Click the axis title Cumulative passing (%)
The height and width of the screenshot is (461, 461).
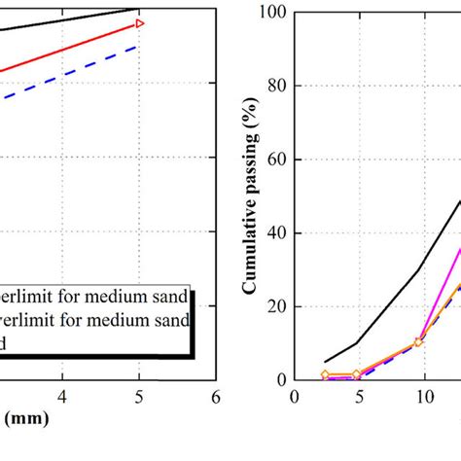pyautogui.click(x=250, y=195)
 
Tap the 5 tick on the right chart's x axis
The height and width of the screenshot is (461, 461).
pyautogui.click(x=358, y=397)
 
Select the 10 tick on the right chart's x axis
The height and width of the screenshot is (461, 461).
pyautogui.click(x=424, y=397)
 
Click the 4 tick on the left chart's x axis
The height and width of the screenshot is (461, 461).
pyautogui.click(x=62, y=397)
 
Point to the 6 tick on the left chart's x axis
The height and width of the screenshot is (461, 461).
pyautogui.click(x=215, y=397)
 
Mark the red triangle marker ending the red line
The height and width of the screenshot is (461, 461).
pyautogui.click(x=140, y=22)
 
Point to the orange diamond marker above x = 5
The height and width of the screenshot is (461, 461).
pyautogui.click(x=358, y=374)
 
